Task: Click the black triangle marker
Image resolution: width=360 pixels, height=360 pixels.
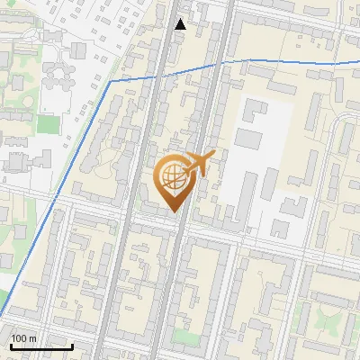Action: tap(181, 24)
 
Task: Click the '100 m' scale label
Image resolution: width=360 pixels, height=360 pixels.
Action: tap(23, 338)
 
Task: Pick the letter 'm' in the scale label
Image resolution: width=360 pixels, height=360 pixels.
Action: tap(32, 338)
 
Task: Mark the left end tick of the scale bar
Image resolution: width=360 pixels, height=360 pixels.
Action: tap(11, 346)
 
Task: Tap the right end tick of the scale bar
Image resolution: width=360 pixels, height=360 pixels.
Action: tap(72, 346)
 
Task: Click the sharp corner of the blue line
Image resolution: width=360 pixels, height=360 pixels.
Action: tap(112, 82)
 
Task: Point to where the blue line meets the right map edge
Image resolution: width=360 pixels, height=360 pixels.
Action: tap(358, 64)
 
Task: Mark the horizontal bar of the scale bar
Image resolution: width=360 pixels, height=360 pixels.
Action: tap(41, 347)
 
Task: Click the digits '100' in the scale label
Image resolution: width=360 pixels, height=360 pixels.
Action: tap(19, 338)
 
